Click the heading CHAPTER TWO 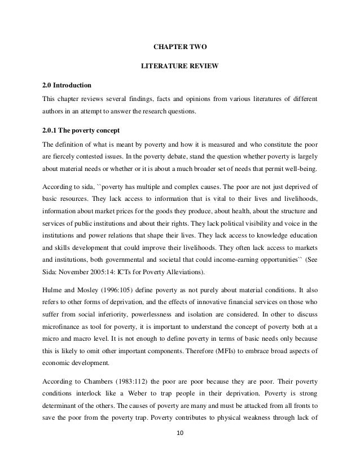[x=179, y=50]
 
